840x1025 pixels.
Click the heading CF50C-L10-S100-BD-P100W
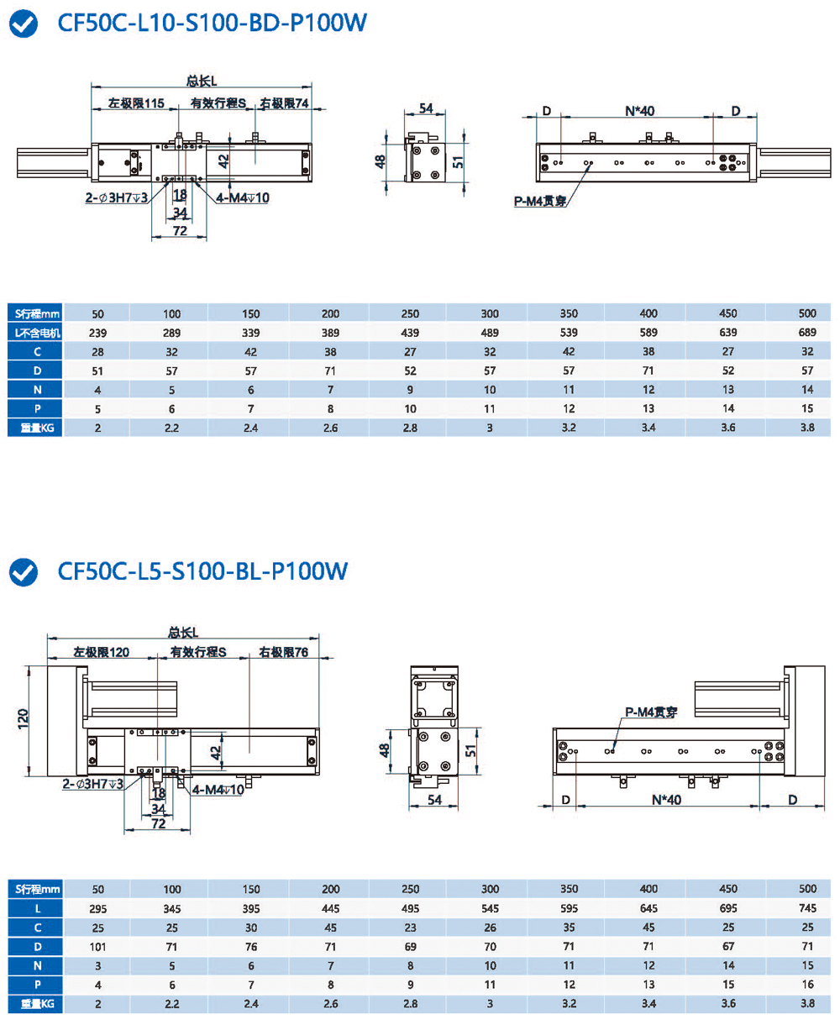(212, 24)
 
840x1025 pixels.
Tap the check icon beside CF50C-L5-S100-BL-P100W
(23, 572)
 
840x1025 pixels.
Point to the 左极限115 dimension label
(135, 104)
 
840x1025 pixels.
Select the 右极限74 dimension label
(284, 104)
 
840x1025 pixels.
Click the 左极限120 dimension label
(101, 652)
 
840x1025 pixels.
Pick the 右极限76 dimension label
(283, 652)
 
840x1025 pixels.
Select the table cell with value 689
(807, 333)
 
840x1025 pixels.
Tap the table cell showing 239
(98, 333)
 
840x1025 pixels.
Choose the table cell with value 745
(807, 908)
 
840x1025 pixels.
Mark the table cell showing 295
(98, 908)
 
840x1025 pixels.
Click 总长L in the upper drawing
(202, 81)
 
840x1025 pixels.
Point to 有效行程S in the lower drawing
(199, 652)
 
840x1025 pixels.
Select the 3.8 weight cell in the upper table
(807, 428)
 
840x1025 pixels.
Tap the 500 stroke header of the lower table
(807, 889)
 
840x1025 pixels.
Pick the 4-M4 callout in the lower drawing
(218, 790)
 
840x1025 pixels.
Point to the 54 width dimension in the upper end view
(426, 108)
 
